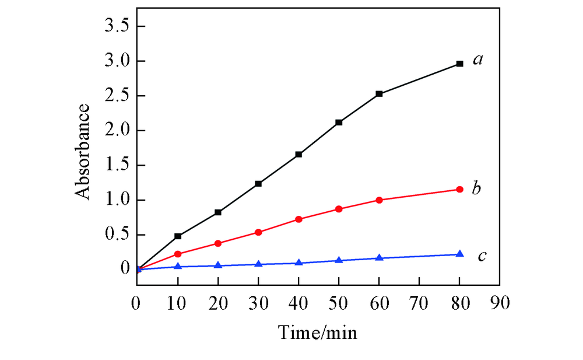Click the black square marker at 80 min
click(459, 64)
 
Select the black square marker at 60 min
click(379, 93)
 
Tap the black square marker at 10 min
click(178, 236)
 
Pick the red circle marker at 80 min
click(459, 189)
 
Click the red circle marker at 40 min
click(298, 219)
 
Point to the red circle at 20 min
click(218, 243)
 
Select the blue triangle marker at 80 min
click(459, 254)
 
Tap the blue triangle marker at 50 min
click(339, 260)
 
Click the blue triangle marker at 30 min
click(258, 264)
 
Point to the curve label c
click(482, 256)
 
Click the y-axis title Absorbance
click(84, 151)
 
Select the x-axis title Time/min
click(317, 333)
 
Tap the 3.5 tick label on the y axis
click(116, 27)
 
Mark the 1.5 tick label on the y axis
click(116, 166)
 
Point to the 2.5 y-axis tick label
click(116, 96)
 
